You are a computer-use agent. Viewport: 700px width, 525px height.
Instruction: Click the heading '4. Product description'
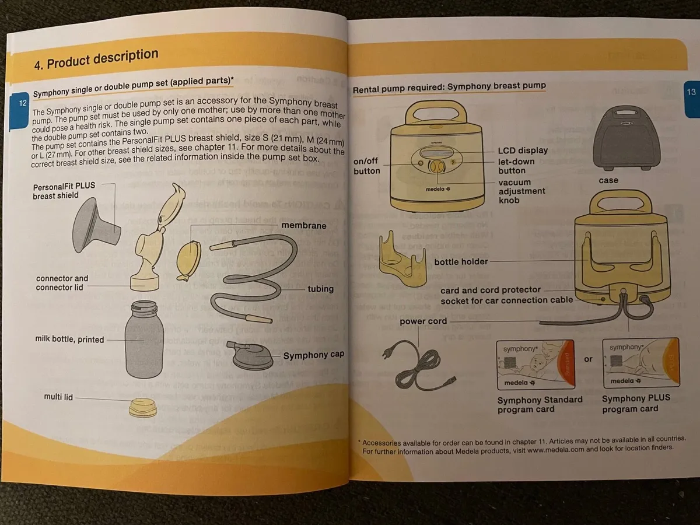[x=96, y=60]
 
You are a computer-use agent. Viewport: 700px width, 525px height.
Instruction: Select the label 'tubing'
[x=320, y=289]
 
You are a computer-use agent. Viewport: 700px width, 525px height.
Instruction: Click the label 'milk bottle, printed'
[x=69, y=339]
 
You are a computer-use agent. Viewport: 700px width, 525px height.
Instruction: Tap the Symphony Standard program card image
[x=534, y=365]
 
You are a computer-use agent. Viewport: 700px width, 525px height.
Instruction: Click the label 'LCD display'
[x=523, y=150]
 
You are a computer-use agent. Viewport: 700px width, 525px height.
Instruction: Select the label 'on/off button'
[x=366, y=166]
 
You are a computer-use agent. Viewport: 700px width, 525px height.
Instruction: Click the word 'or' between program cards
[x=588, y=359]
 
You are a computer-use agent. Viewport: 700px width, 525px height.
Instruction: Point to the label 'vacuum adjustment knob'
[x=521, y=191]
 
